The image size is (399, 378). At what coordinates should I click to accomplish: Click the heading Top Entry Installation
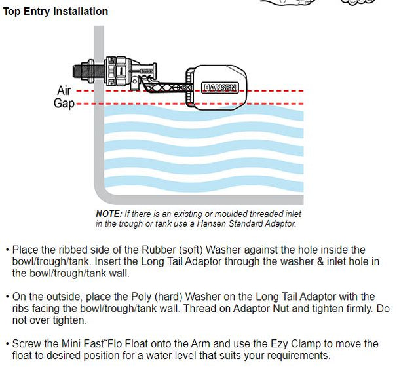point(56,12)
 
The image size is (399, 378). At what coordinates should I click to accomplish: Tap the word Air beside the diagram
point(64,91)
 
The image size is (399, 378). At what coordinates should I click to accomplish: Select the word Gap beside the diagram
point(64,104)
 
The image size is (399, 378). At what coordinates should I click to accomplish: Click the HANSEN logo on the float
point(216,86)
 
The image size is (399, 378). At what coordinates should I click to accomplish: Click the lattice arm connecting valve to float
point(167,86)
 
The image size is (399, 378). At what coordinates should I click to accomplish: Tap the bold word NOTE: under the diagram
point(108,214)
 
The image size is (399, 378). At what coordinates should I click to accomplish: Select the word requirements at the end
point(292,356)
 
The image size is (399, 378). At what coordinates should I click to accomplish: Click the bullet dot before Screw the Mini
point(7,344)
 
